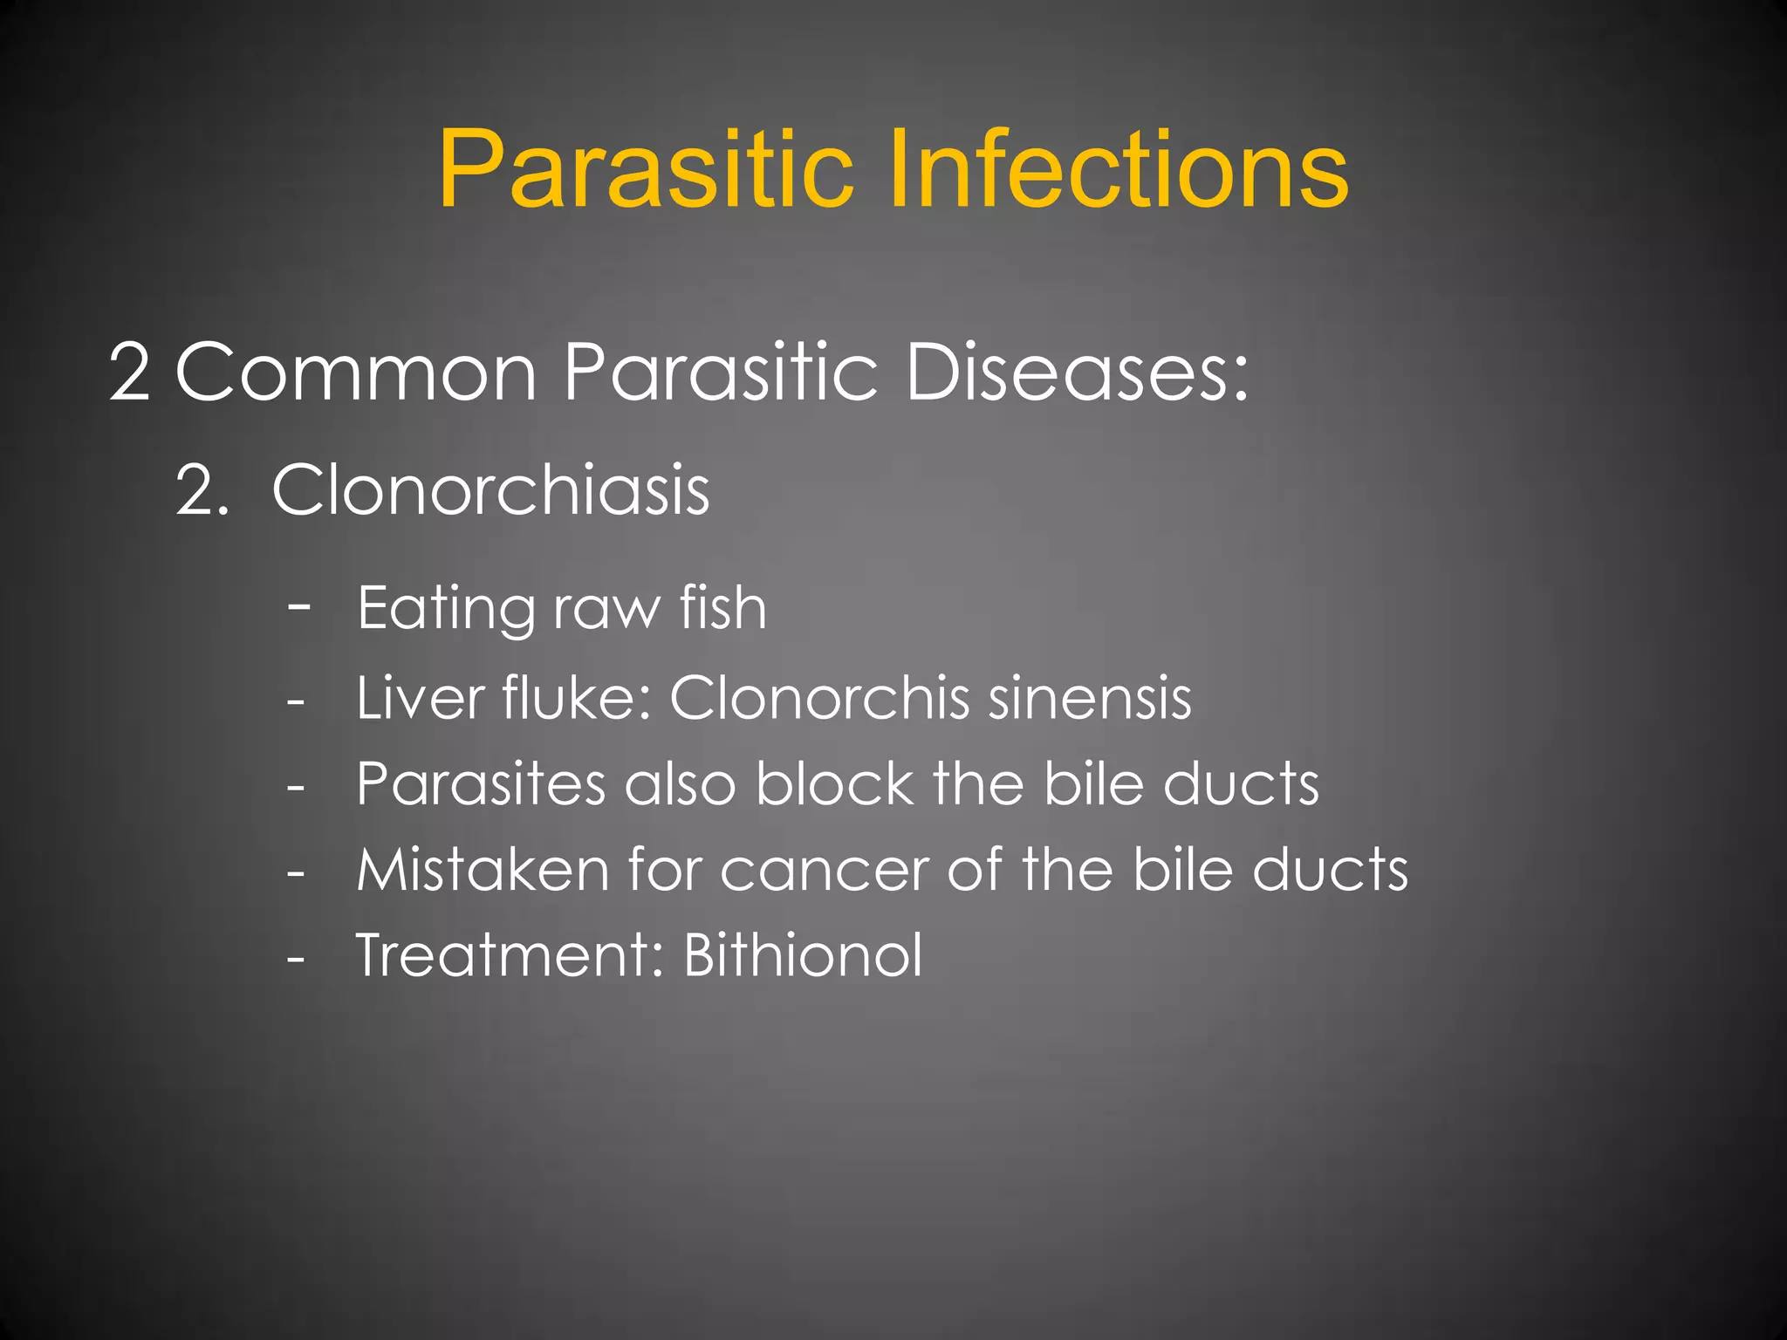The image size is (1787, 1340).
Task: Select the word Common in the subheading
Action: coord(356,373)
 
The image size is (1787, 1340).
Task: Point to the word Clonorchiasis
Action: coord(490,490)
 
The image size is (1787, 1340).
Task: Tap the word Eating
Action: coord(446,608)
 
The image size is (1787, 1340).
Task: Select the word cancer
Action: coord(825,872)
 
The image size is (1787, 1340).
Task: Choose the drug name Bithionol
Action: coord(802,955)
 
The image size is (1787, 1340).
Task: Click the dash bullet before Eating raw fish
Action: coord(299,605)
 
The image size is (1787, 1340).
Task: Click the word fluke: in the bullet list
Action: coord(577,698)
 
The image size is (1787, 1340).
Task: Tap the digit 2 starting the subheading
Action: coord(129,373)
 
